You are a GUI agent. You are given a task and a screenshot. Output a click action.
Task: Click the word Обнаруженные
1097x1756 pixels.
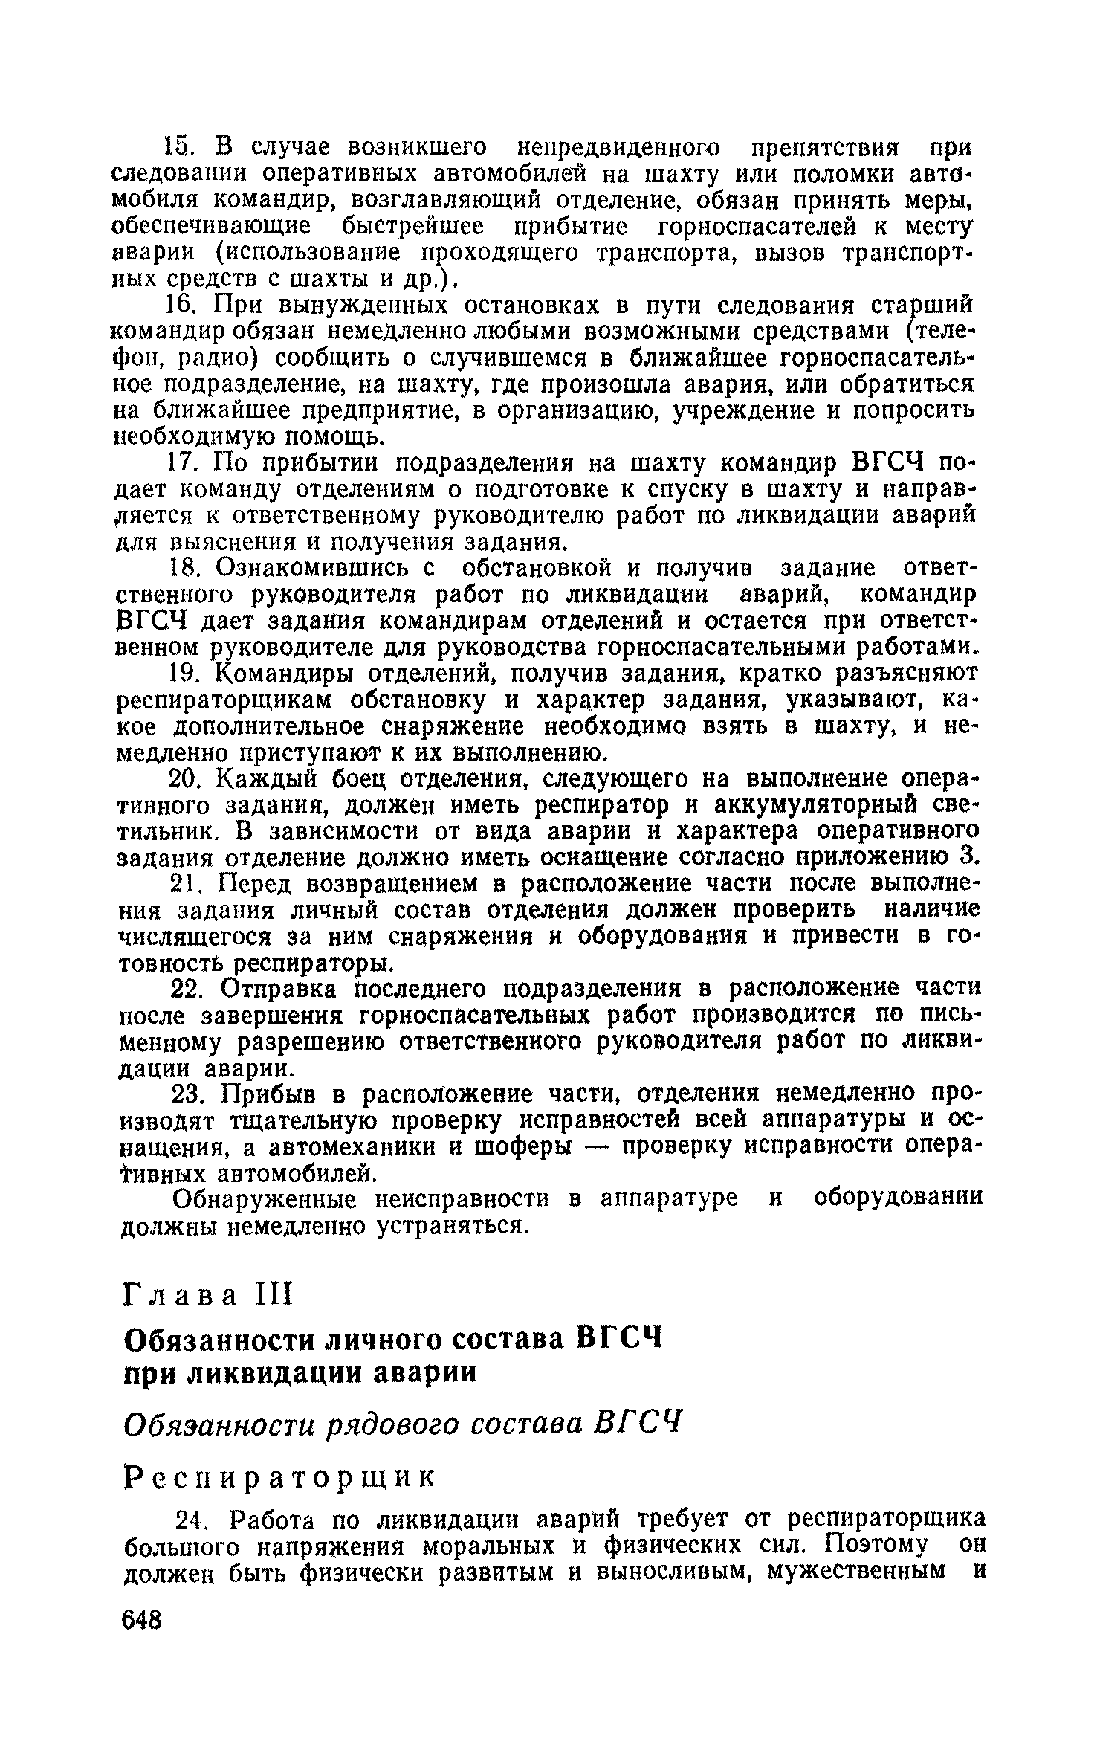pos(250,1200)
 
